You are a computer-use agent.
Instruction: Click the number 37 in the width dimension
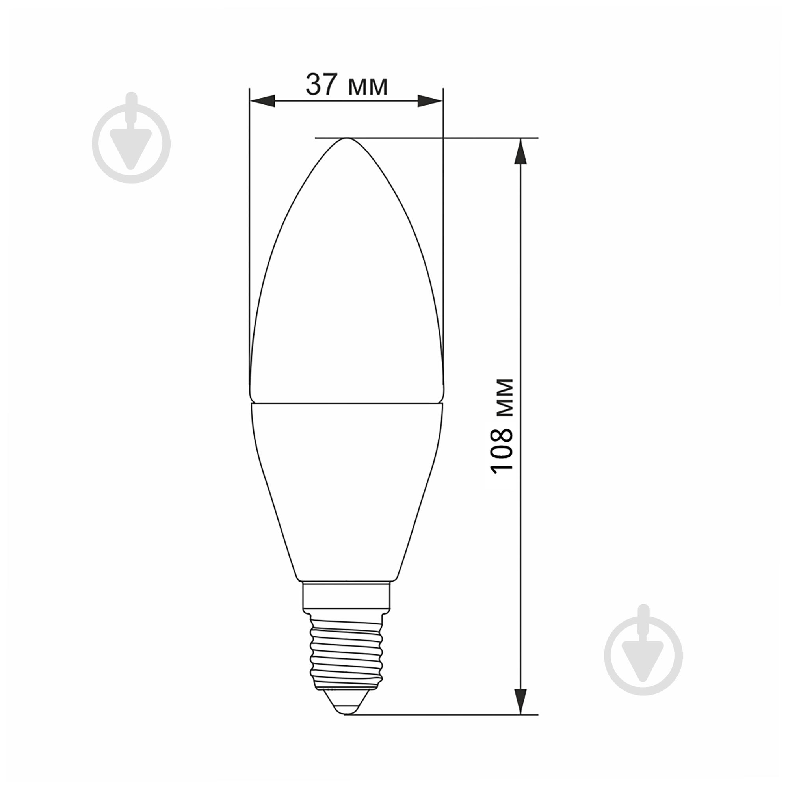[322, 84]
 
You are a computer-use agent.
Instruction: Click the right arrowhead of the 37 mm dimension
[430, 101]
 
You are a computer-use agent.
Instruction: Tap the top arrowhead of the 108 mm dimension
[520, 151]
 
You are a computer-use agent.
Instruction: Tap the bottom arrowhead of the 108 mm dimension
[520, 701]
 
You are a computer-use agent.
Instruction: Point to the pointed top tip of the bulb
[347, 138]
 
